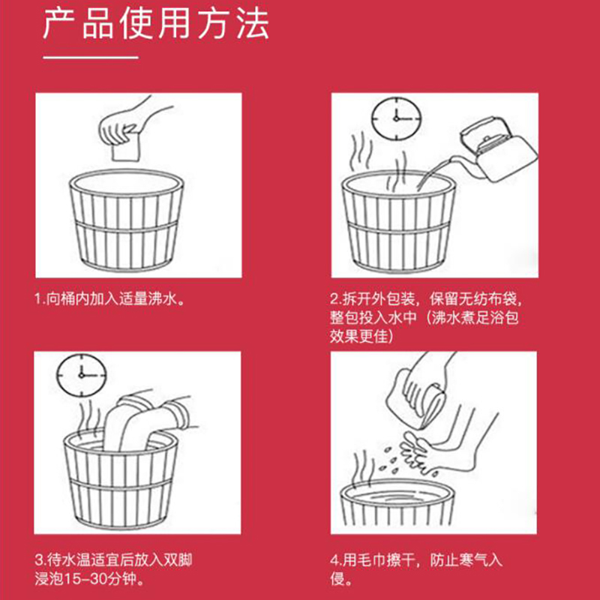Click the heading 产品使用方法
[156, 24]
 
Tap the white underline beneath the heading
[91, 58]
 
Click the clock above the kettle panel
[397, 119]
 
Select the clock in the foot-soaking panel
[82, 376]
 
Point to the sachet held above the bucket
[124, 148]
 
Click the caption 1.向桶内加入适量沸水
[109, 298]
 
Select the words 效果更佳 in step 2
[359, 336]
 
